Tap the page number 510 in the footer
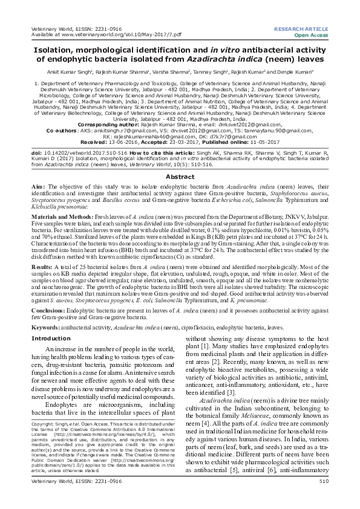point(323,498)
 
